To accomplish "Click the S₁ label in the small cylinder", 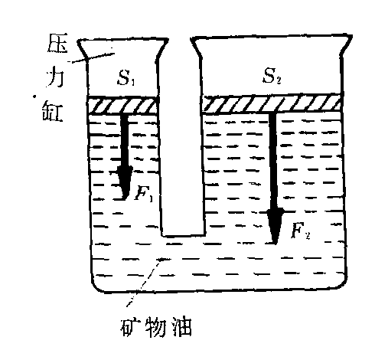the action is click(x=126, y=77).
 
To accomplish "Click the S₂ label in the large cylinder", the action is click(x=272, y=76).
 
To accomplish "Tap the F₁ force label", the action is click(x=144, y=194).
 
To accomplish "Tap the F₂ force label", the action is click(x=301, y=231).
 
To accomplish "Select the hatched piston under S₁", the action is click(x=122, y=105).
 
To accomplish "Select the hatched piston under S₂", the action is click(x=272, y=103).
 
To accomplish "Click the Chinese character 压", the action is click(x=57, y=43).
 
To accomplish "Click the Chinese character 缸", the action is click(x=53, y=110).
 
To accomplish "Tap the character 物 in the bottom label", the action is click(x=155, y=327).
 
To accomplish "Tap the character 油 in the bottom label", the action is click(x=181, y=327).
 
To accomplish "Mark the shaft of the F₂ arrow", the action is click(x=273, y=161).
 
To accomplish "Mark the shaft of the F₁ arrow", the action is click(x=125, y=140).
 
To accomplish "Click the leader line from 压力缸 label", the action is click(x=91, y=57).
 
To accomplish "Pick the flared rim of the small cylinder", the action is click(x=122, y=41).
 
